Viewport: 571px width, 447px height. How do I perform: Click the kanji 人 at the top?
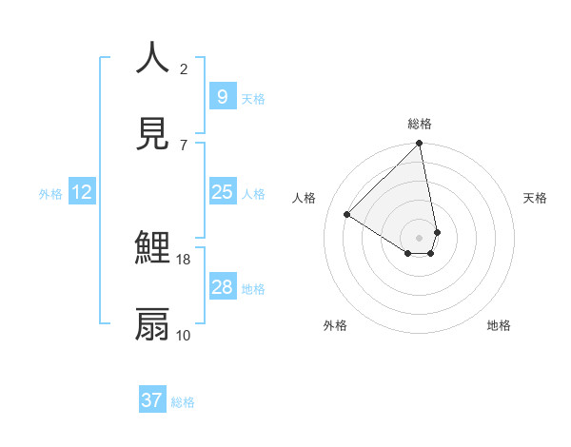pos(153,58)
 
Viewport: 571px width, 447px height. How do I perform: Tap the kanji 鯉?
pos(153,248)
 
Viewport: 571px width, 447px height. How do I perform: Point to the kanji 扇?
pos(153,324)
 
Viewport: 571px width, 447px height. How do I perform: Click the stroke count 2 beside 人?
pos(184,68)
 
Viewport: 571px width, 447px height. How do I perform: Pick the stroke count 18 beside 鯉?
pos(184,259)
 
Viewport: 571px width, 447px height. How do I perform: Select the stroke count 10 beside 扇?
pos(184,335)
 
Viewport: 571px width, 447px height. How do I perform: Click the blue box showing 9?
pos(222,96)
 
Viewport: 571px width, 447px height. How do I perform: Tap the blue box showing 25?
pos(222,192)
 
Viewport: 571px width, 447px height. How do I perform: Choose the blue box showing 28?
pos(222,287)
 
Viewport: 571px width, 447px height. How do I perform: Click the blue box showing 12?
pos(82,192)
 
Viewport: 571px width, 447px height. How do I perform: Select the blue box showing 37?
pos(151,400)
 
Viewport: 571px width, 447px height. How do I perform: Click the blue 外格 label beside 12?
pos(50,194)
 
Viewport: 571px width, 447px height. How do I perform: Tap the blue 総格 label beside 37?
pos(183,402)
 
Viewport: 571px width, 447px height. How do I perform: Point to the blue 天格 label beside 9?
pos(253,98)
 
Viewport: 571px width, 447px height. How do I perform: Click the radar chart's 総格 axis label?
pos(420,124)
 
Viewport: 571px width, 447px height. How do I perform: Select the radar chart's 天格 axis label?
pos(535,198)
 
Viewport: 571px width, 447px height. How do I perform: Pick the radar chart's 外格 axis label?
pos(334,325)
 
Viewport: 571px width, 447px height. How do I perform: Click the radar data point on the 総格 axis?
pos(420,145)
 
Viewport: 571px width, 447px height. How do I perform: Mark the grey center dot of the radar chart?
pos(420,238)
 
